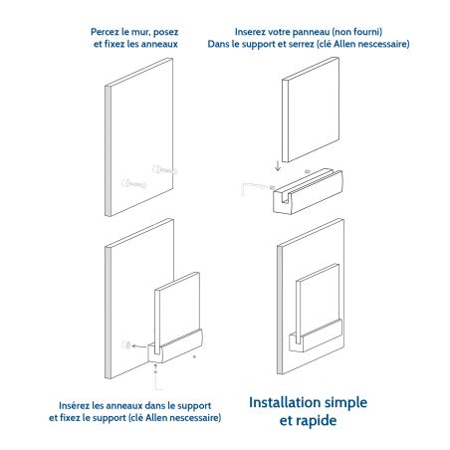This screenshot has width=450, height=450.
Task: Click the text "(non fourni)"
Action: [357, 32]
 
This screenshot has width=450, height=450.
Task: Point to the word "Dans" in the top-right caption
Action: [218, 44]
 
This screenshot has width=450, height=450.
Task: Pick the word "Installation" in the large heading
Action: [285, 402]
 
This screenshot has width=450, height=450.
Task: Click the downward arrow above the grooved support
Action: [278, 165]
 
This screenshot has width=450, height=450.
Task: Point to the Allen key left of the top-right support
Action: [257, 188]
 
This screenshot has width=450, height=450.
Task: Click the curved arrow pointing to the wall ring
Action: [139, 346]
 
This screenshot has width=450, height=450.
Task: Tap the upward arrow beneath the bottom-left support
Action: [155, 368]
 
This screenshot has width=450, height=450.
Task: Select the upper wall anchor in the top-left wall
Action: [164, 170]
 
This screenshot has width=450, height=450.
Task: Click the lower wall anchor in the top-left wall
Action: [133, 183]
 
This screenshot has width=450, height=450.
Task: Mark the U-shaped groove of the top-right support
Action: [285, 198]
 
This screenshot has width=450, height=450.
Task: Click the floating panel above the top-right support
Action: [311, 110]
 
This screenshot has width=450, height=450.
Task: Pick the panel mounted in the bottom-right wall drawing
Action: [317, 304]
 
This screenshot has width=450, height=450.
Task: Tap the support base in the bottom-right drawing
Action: [316, 336]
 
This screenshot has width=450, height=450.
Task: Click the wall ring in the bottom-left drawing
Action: [125, 344]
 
